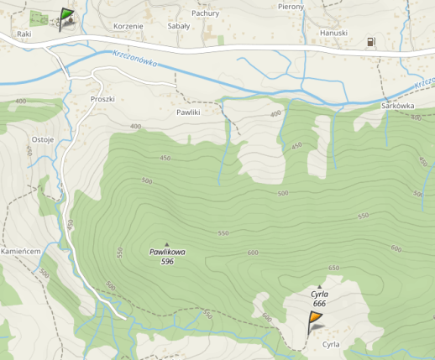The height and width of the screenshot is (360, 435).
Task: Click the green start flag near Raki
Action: coord(66,17)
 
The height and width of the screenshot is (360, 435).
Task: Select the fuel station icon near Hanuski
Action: coord(370,42)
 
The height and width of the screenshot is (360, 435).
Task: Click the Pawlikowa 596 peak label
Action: coord(167,256)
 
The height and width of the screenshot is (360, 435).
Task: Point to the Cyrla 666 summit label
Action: coord(319,299)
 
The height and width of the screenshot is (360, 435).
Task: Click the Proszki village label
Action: coord(102,98)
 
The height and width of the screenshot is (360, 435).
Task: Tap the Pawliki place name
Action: coord(189,112)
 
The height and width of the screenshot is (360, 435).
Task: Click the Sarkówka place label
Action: coord(397,107)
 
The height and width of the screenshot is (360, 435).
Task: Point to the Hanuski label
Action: coord(333,33)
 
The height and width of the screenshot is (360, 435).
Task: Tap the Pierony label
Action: coord(291,6)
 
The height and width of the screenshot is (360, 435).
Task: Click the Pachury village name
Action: coord(205,13)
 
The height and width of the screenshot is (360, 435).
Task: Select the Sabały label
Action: coord(179,26)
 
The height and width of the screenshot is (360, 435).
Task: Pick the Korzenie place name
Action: coord(128,26)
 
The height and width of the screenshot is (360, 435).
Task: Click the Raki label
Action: coord(24,34)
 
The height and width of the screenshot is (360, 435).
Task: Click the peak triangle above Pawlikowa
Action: coord(166,244)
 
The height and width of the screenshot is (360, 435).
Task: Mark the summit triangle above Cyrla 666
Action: coord(319,287)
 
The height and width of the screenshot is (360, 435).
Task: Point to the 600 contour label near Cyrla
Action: coord(267,317)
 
